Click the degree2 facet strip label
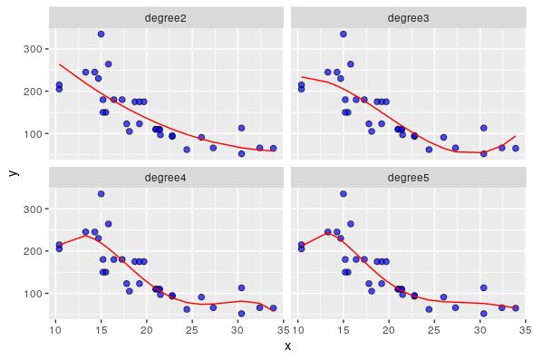(x=166, y=17)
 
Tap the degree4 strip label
(x=166, y=177)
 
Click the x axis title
(x=287, y=345)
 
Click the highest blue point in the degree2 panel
(x=102, y=34)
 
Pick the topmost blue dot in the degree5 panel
(x=344, y=193)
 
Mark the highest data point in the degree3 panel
(x=344, y=34)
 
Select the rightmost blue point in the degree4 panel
(x=273, y=308)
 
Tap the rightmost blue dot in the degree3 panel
(x=515, y=148)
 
